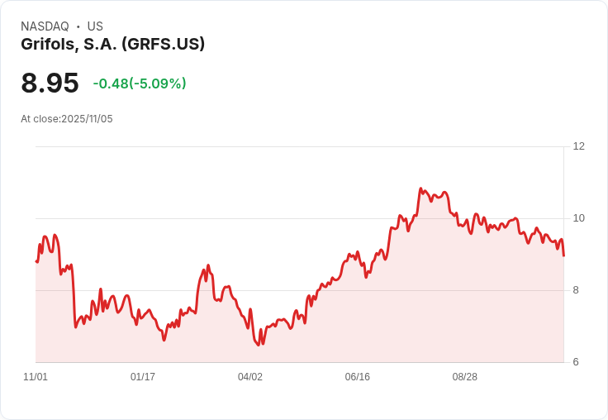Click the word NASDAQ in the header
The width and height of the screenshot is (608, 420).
click(45, 26)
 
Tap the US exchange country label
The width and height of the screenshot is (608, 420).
click(95, 26)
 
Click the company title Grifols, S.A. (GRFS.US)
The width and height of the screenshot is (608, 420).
click(112, 45)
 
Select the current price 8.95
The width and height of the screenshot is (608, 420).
click(50, 83)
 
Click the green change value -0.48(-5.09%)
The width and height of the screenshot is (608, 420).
click(140, 84)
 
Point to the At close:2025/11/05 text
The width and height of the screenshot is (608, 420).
click(67, 119)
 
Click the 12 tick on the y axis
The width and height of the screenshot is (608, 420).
click(578, 146)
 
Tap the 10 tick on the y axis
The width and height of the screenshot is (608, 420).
click(578, 218)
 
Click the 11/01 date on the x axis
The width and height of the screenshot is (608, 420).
click(36, 377)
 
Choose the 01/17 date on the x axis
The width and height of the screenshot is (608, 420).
click(143, 377)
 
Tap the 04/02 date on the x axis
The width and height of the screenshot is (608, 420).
click(250, 377)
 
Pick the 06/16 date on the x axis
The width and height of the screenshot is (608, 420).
click(358, 377)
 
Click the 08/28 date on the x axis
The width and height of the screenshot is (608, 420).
click(465, 377)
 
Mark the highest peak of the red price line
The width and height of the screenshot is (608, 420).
click(420, 189)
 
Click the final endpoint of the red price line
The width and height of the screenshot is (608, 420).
click(563, 255)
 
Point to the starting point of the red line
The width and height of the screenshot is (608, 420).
click(36, 261)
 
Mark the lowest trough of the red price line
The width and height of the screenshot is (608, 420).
click(259, 345)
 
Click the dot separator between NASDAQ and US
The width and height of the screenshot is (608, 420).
click(78, 26)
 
